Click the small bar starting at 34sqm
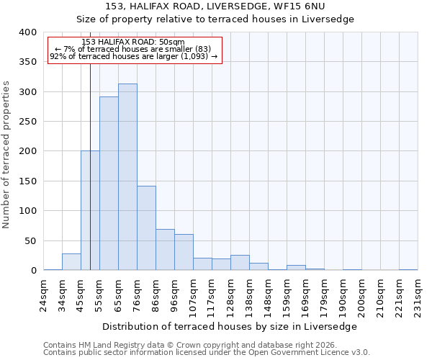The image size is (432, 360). [x=71, y=262]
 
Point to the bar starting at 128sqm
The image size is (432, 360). [x=240, y=263]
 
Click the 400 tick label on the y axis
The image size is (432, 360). [x=28, y=32]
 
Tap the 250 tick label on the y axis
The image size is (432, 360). [x=28, y=122]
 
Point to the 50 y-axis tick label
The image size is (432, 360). [x=31, y=240]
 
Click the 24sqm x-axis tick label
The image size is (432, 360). [x=44, y=294]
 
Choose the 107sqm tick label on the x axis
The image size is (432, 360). [x=194, y=296]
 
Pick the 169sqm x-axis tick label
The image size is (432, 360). [x=306, y=296]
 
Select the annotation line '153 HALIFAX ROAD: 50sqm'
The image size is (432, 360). [x=132, y=42]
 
